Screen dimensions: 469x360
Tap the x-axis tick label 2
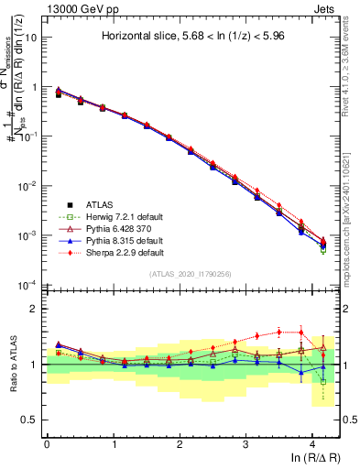(x=180, y=443)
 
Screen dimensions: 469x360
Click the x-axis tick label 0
(x=47, y=443)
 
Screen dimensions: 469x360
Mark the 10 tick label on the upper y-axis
(x=30, y=38)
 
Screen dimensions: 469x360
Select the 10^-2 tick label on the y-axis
(x=27, y=186)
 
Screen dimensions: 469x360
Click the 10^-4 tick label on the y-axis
(x=27, y=285)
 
